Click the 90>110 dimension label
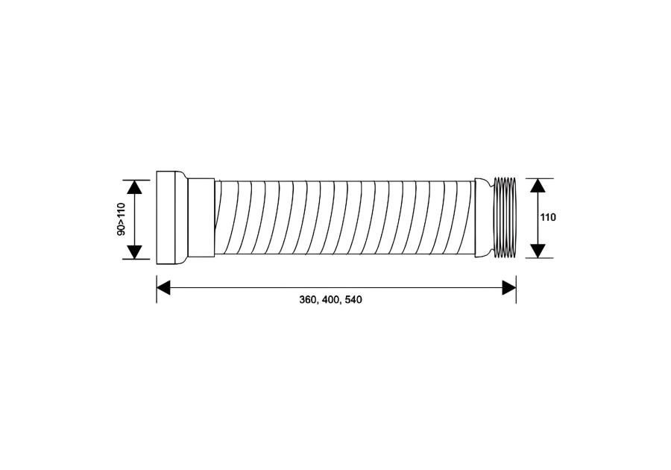click(x=122, y=219)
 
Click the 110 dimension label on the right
click(x=548, y=218)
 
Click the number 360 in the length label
click(x=307, y=300)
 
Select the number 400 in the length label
click(x=330, y=300)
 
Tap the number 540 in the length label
click(x=353, y=300)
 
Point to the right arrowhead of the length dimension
click(x=509, y=287)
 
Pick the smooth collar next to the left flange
click(x=200, y=218)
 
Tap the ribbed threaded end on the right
click(x=505, y=218)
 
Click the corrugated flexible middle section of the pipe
click(x=343, y=218)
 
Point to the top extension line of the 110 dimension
click(x=541, y=178)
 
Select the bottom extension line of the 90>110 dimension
click(x=138, y=259)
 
